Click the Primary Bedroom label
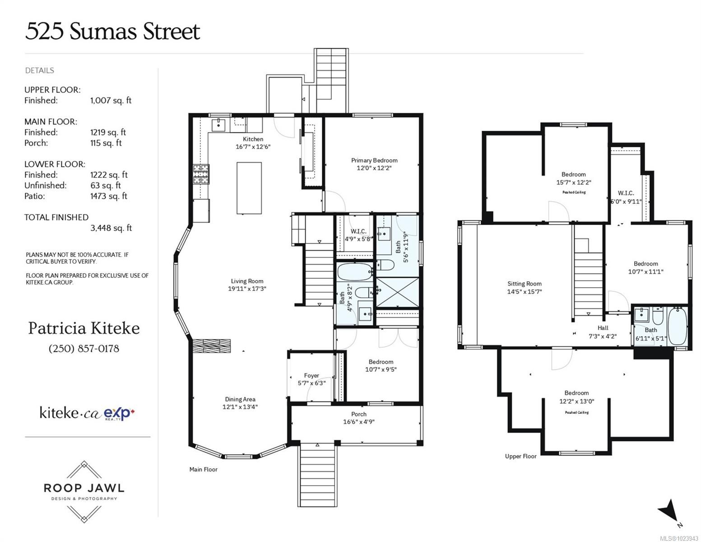point(374,160)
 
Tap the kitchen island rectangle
point(249,188)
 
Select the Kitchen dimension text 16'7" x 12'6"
point(253,147)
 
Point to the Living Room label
point(247,281)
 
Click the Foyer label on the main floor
point(311,375)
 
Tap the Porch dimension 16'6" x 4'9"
point(359,422)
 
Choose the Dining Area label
point(240,399)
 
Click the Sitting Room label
point(524,284)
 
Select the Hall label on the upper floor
point(603,328)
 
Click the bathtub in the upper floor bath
point(677,326)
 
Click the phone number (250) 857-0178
point(84,349)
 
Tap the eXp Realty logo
point(120,413)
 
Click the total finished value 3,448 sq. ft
point(111,228)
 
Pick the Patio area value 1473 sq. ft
point(109,196)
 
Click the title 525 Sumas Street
point(112,32)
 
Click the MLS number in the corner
point(677,538)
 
